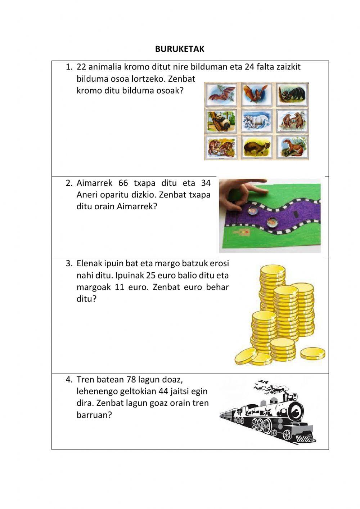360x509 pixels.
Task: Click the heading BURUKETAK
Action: [x=180, y=49]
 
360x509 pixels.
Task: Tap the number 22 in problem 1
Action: [x=81, y=67]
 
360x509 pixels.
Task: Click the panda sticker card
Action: [x=221, y=121]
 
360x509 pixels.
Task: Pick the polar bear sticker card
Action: [x=257, y=121]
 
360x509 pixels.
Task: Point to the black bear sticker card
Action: [x=292, y=94]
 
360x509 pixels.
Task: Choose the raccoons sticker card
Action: [x=221, y=147]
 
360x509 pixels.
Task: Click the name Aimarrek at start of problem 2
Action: [x=94, y=183]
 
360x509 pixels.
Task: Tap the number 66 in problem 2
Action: [x=123, y=183]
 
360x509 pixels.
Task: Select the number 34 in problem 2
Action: [x=206, y=183]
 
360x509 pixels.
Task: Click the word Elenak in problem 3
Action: [x=89, y=263]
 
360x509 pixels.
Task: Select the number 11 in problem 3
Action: [x=119, y=287]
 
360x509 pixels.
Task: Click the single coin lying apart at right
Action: [x=313, y=354]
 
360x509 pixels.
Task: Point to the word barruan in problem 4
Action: [x=94, y=415]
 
